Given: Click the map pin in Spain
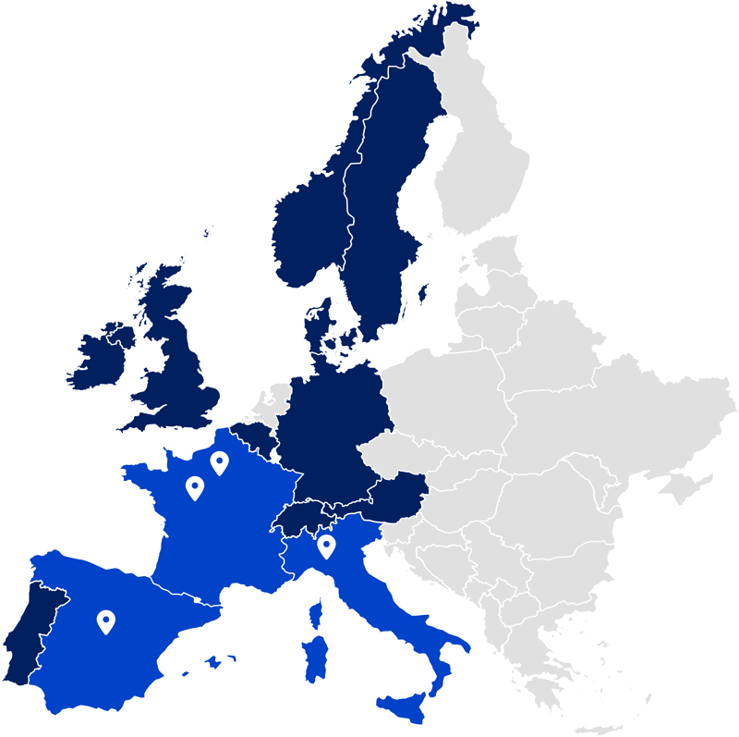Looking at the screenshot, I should [106, 621].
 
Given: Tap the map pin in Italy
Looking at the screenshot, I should [325, 547].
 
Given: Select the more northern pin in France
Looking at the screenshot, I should [219, 461].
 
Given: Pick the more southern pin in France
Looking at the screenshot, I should [194, 486].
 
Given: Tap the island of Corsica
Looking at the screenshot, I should [316, 610].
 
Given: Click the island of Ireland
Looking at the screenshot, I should [97, 356].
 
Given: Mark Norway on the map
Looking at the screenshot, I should [305, 231].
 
